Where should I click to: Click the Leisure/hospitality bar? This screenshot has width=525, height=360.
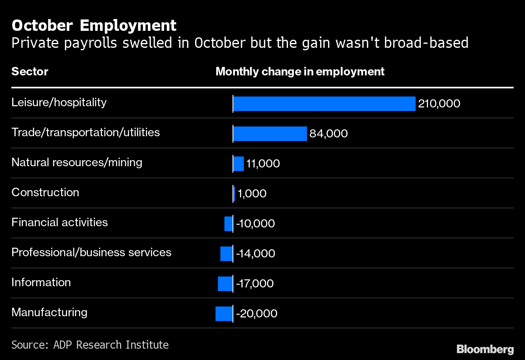pos(324,104)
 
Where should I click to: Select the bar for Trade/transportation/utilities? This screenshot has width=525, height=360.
pos(270,134)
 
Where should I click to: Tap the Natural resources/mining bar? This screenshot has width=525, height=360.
pos(239,164)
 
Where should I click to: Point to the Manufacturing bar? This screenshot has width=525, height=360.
pos(224,314)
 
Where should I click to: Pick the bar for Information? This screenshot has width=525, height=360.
pos(225,284)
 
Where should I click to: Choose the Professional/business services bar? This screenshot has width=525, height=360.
pos(226,254)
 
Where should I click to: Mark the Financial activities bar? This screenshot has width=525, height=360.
pos(228,224)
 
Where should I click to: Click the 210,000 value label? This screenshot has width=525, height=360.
pos(439,104)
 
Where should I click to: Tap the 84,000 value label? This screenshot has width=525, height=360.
pos(329,134)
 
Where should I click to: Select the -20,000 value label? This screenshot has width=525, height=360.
pos(257,313)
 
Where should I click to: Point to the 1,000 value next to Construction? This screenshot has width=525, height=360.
pos(252,194)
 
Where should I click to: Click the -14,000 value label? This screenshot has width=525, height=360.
pos(256,253)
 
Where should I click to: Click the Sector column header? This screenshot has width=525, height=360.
pos(30,71)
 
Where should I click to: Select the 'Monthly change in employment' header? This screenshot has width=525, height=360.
pos(300,72)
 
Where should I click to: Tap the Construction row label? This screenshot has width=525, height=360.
pos(45,192)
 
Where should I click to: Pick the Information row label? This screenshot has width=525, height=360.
pos(41,283)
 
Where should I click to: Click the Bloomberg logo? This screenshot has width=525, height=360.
pos(485,349)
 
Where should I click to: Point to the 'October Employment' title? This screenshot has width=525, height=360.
pos(94,25)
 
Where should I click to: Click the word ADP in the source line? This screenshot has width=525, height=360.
pos(62,345)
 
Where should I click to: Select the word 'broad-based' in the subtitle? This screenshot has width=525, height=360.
pos(426,43)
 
